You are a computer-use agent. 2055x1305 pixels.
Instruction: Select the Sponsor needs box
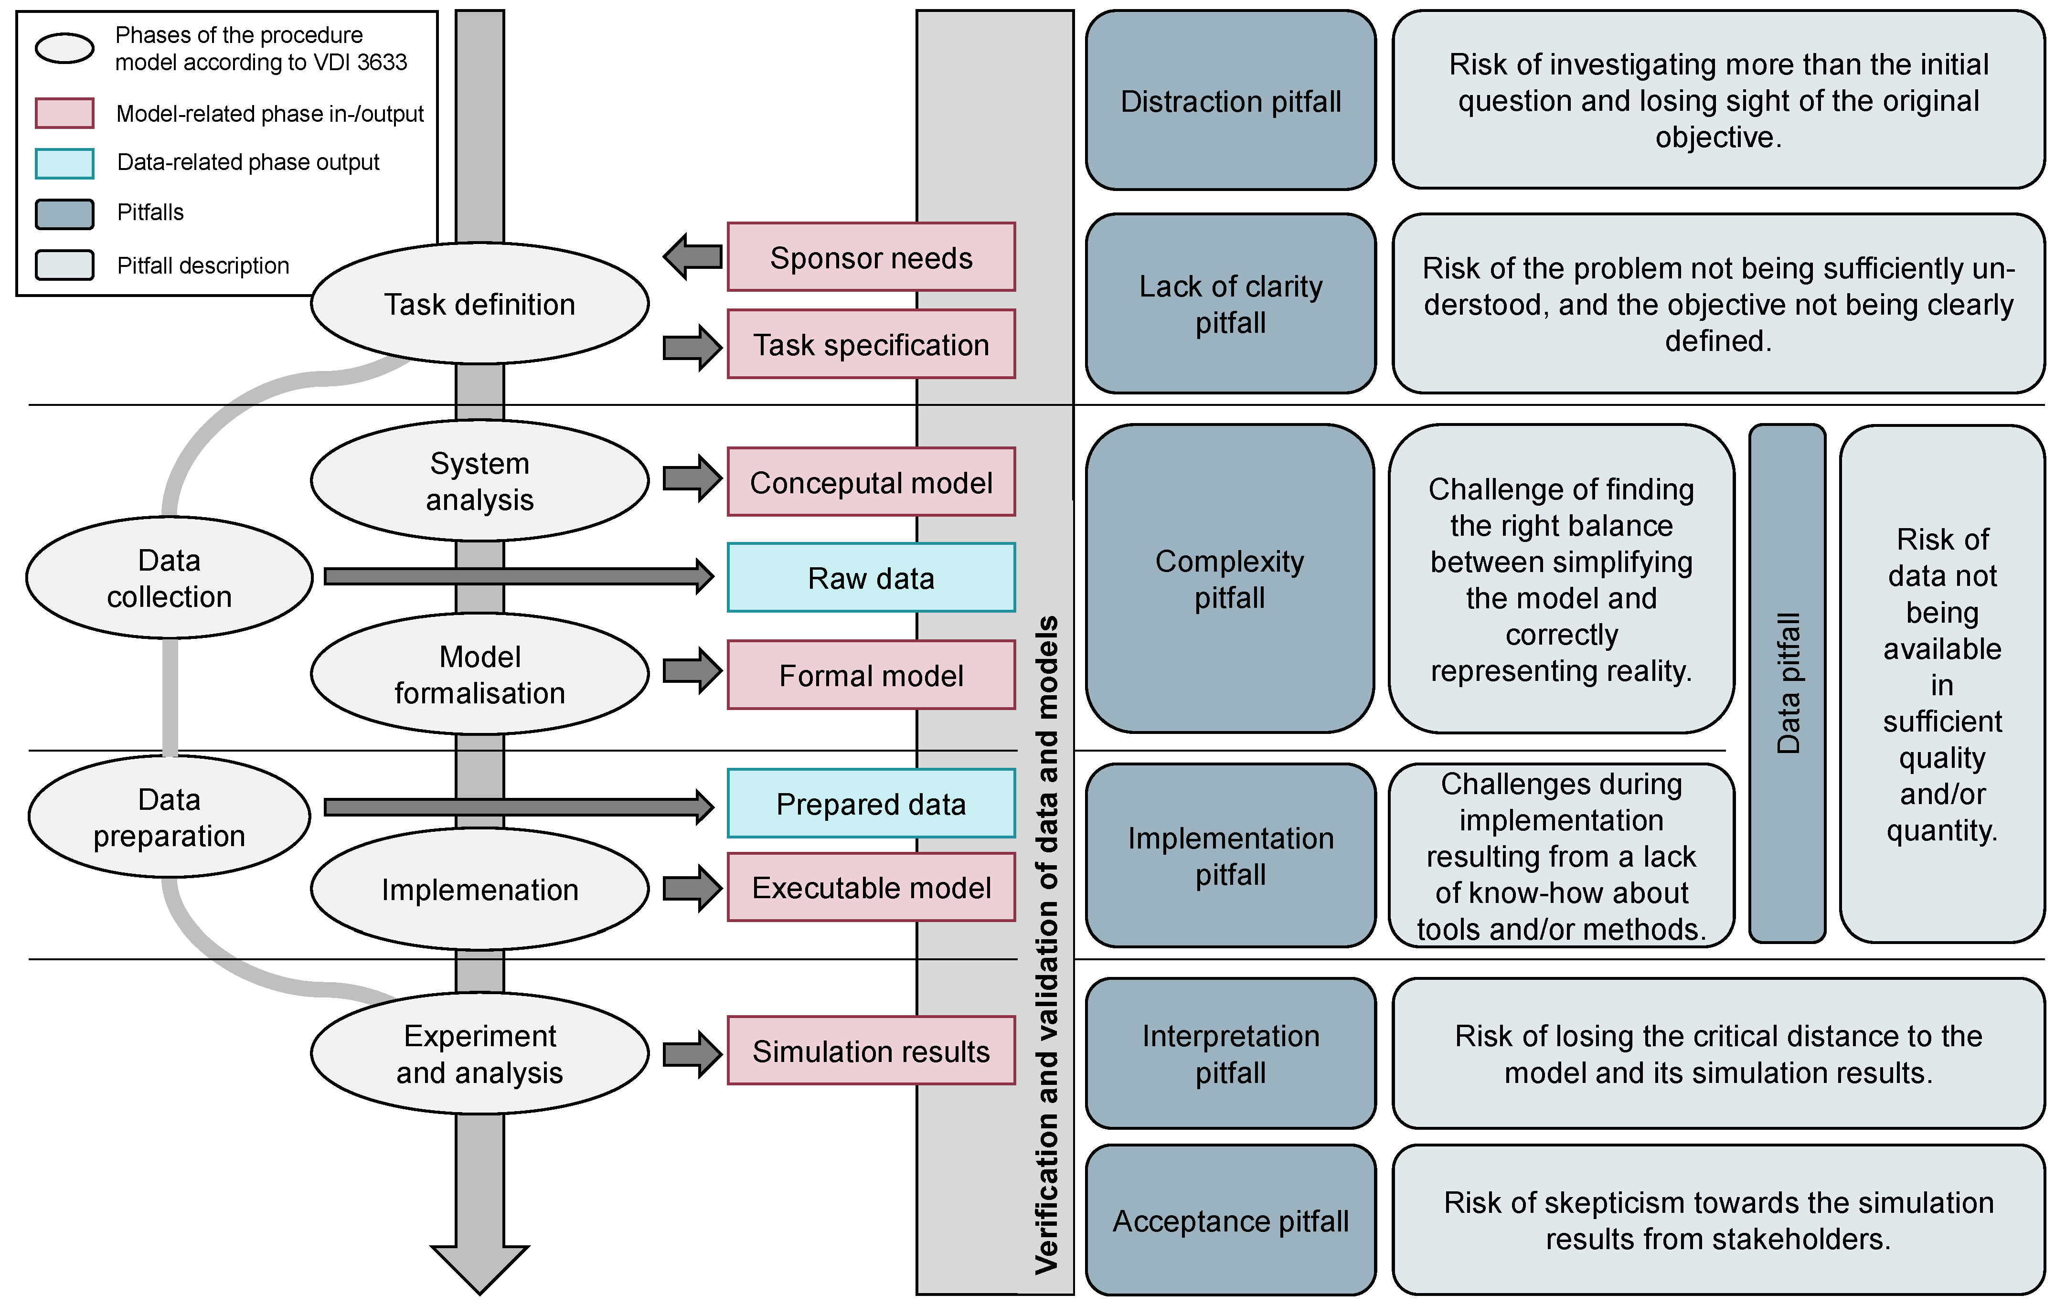(x=871, y=257)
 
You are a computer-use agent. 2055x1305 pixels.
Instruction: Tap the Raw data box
(x=871, y=578)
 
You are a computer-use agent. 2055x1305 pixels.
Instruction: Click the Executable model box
(x=871, y=888)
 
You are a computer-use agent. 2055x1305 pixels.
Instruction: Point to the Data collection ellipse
(x=169, y=578)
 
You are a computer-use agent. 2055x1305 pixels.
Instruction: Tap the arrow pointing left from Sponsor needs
(x=693, y=256)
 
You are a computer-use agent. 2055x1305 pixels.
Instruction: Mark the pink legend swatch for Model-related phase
(x=64, y=113)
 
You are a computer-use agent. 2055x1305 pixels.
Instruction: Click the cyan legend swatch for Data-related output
(x=64, y=163)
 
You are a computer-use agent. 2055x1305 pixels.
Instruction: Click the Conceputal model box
(x=871, y=482)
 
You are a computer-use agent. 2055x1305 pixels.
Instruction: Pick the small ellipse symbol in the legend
(x=64, y=48)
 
